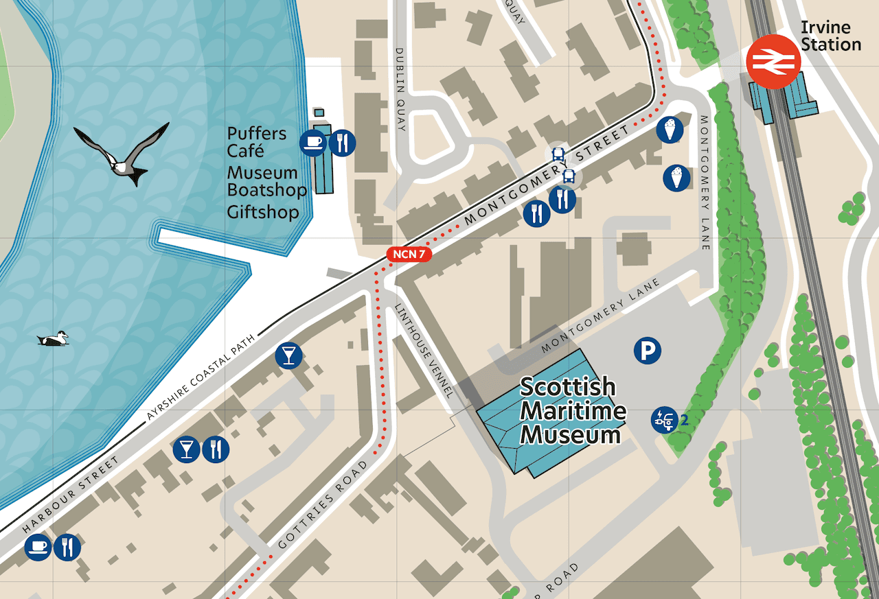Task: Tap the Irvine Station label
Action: coord(830,36)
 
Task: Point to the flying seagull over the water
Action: coord(122,154)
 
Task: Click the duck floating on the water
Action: coord(53,338)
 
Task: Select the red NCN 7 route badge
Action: coord(410,255)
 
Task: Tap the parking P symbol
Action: coord(647,351)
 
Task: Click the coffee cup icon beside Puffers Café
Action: coord(313,142)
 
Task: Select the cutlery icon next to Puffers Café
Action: coord(342,142)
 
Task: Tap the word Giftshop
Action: coord(263,211)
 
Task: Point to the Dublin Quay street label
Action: coord(401,89)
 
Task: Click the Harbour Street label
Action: coord(71,494)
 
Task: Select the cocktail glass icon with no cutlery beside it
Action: coord(288,355)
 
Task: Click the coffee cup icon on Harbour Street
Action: coord(38,547)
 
